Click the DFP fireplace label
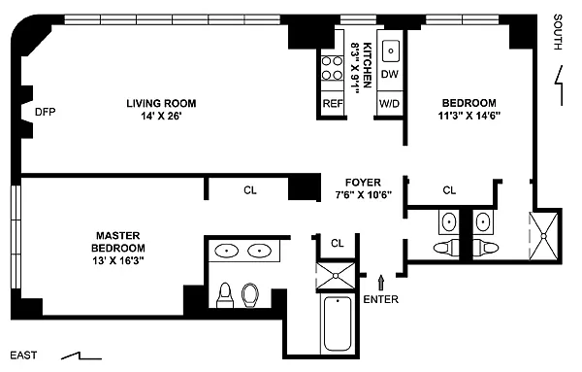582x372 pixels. [46, 112]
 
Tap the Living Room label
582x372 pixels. [161, 103]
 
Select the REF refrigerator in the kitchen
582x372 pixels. [333, 103]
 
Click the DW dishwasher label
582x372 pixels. [390, 74]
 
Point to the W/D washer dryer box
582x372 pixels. [390, 103]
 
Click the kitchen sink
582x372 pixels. [391, 51]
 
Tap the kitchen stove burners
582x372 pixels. [332, 68]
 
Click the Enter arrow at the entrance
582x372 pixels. [381, 282]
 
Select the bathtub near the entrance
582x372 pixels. [338, 323]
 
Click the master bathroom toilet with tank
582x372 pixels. [225, 295]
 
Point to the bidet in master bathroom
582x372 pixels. [250, 295]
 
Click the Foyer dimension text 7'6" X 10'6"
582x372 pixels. [364, 194]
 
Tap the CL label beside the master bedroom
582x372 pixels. [250, 190]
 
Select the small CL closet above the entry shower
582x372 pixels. [337, 244]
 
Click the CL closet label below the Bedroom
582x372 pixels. [449, 190]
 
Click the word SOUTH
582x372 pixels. [558, 32]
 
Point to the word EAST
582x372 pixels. [23, 355]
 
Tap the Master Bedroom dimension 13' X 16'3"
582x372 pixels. [118, 260]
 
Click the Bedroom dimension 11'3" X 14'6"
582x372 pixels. [469, 116]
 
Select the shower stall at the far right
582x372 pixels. [543, 236]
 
